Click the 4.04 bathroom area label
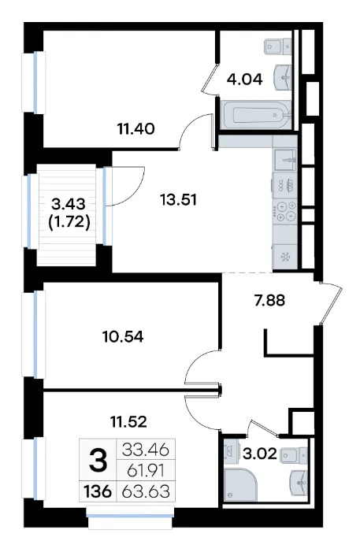coord(244,80)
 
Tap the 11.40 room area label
coord(136,129)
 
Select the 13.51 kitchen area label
coord(178,200)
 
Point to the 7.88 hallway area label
coord(269,301)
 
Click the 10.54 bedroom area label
coord(123,337)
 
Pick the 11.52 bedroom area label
coord(128,421)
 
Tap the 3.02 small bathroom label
coord(260,454)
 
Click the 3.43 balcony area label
coord(69,203)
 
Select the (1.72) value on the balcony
coord(69,222)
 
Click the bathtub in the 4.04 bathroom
coord(256,115)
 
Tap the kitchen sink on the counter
coord(285,161)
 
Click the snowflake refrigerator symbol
coord(285,257)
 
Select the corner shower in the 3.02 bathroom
coord(240,484)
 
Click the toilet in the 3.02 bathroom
coord(294,456)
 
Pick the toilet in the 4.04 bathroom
coord(278,46)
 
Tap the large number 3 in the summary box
coord(98,461)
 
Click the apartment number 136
coord(98,491)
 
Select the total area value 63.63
coord(146,491)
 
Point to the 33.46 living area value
coord(146,450)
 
